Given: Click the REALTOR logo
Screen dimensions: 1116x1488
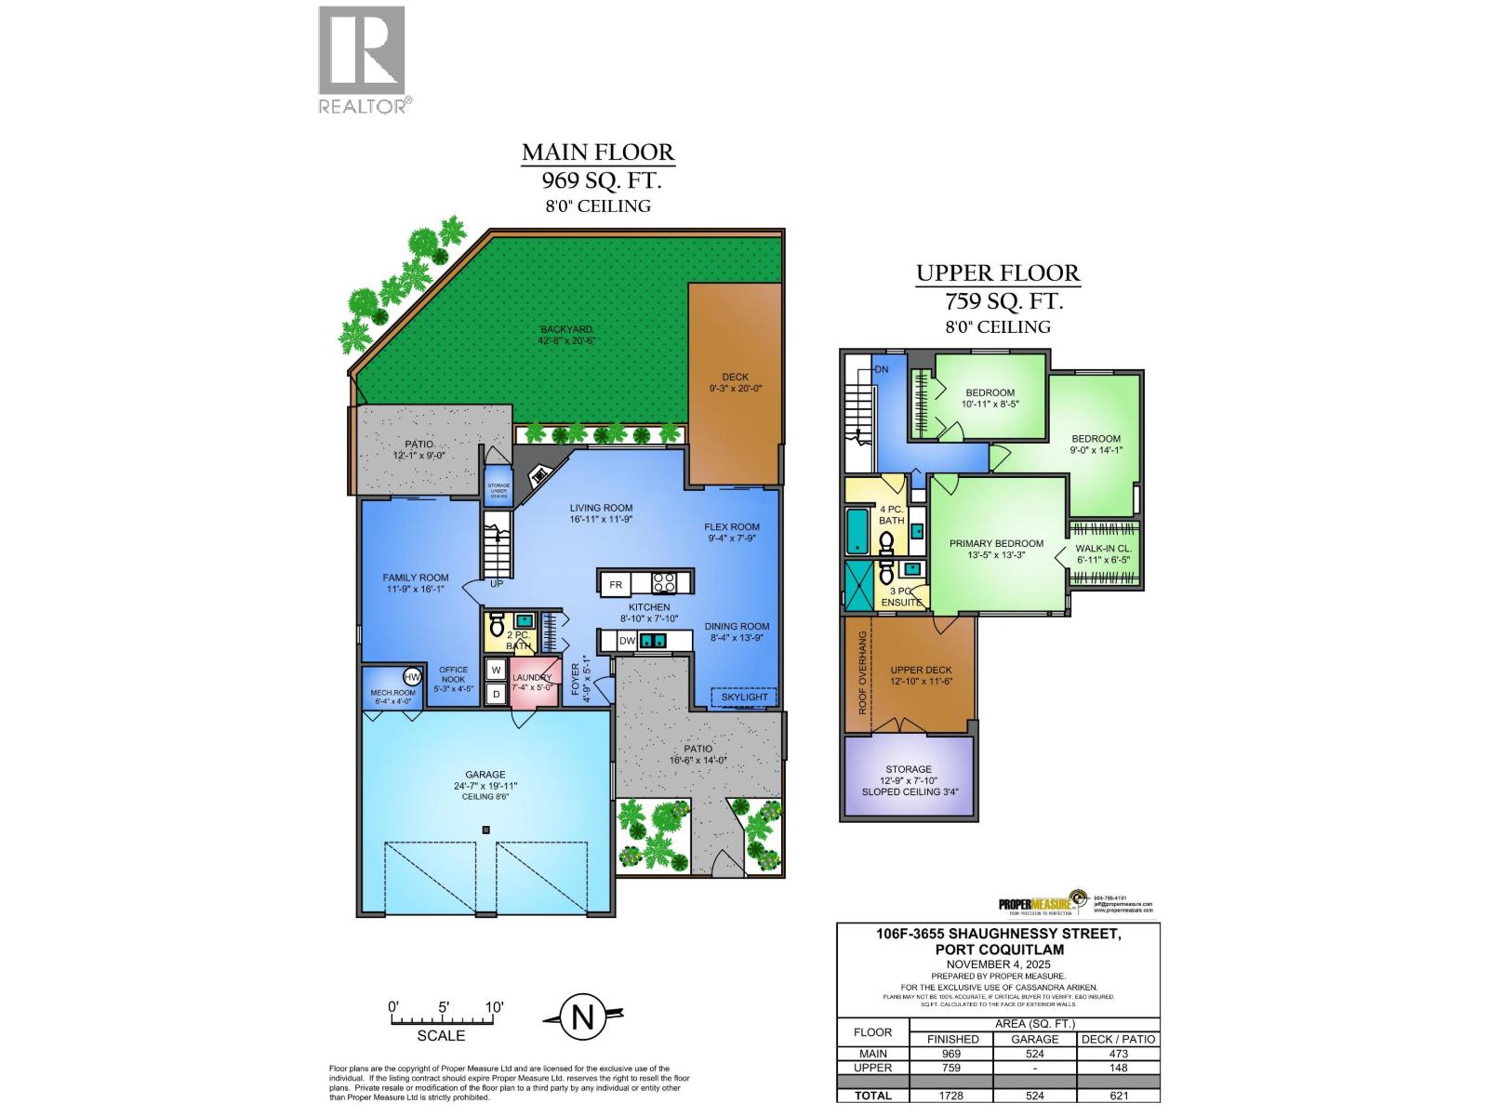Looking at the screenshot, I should [363, 60].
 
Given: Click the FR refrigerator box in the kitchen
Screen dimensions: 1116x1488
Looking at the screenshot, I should [615, 585].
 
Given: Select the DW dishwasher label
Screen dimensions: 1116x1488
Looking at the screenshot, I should [627, 640].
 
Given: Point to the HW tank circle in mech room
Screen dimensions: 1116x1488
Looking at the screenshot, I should [411, 677].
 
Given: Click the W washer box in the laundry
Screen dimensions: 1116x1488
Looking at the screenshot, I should [496, 670].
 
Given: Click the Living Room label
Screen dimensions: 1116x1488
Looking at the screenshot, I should [601, 508].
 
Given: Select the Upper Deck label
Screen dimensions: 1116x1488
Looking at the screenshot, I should [921, 670].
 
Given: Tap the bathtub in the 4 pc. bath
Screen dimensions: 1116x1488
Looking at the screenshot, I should [857, 531].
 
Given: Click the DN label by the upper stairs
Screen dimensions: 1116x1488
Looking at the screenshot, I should [882, 369].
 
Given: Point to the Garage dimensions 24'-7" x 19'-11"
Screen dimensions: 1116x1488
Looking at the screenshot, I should [485, 786].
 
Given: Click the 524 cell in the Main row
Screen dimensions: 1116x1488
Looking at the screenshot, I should [1034, 1054].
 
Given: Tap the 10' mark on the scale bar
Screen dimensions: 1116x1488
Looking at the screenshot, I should [493, 1007].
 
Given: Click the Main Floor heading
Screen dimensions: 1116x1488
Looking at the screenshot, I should [597, 152].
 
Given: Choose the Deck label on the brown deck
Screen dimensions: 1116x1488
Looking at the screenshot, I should [735, 377].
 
